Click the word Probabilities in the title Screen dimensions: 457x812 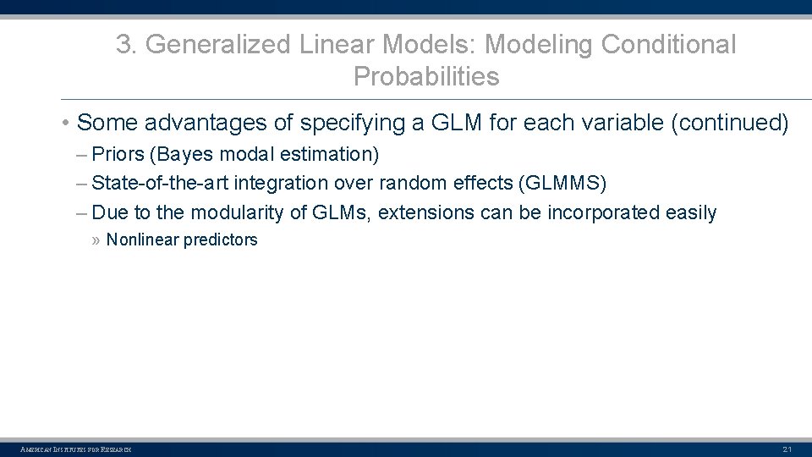point(426,77)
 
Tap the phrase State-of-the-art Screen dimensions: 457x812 point(160,183)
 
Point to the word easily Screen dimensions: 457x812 point(691,212)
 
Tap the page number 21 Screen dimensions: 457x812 point(787,449)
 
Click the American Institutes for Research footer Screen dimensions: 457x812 point(76,449)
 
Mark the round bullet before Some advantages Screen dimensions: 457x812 point(65,124)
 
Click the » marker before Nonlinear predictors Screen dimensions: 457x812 point(96,240)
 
